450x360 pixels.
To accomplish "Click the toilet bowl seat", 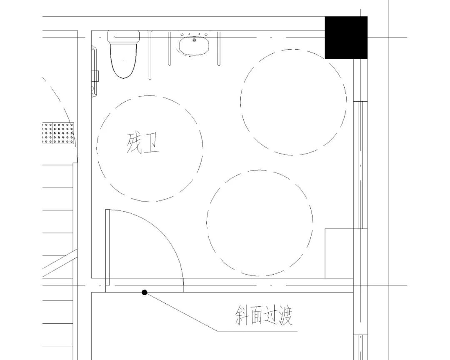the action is coord(124,62).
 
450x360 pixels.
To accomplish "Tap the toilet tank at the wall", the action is coord(123,36).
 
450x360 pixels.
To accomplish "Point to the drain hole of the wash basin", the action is coord(194,40).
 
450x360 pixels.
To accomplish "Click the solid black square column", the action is coord(346,37).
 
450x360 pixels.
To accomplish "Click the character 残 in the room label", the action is coord(134,144).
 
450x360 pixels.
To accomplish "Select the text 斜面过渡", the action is coord(263,317).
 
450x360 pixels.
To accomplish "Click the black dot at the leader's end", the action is coord(144,292).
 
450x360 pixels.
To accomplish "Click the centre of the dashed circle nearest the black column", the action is coord(294,102).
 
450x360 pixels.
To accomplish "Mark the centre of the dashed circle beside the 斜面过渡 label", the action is coord(260,223).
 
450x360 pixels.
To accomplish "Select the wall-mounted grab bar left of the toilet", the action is coord(95,72).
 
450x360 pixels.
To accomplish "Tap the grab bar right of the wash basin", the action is coord(217,48).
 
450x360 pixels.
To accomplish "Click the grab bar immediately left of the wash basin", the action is coord(169,48).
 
